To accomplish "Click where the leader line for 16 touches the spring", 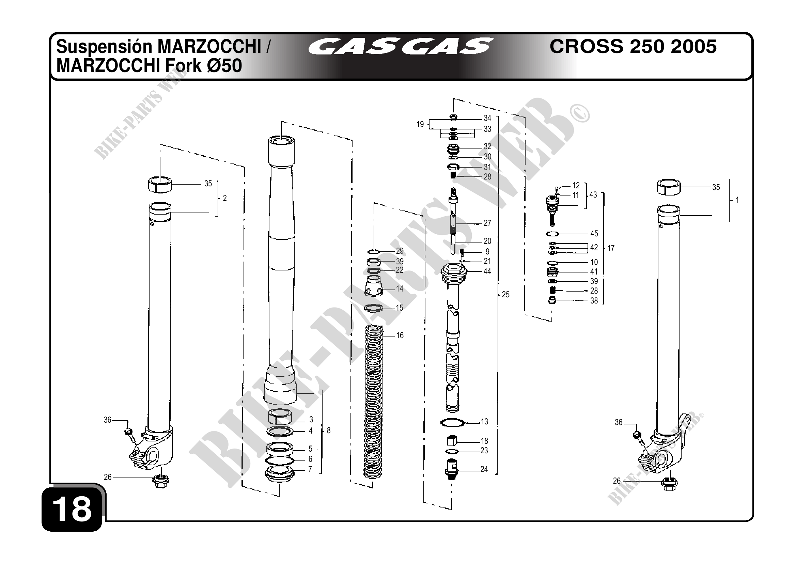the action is [x=383, y=335].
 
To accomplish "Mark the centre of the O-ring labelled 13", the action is [x=452, y=422].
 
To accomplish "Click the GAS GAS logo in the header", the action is [x=401, y=47].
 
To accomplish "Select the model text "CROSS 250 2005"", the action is [x=633, y=46].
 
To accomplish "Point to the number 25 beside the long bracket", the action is [x=506, y=295].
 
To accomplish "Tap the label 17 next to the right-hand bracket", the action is [x=611, y=248].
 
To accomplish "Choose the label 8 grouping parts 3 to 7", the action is [x=329, y=431].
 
